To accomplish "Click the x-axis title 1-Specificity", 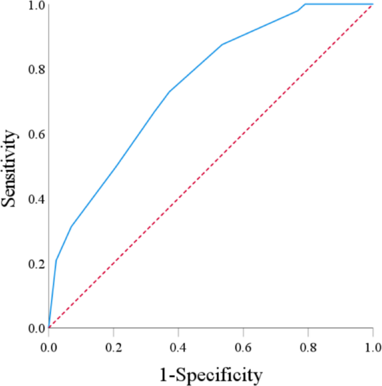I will (x=210, y=374).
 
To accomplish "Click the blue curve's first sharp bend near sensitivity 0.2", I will (x=56, y=260).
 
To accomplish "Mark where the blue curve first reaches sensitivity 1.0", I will (x=305, y=4).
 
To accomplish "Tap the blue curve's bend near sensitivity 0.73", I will (x=169, y=92).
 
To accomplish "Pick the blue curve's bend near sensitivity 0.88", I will (x=223, y=45).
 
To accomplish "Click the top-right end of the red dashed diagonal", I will (x=372, y=4).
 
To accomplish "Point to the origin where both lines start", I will (x=49, y=328).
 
